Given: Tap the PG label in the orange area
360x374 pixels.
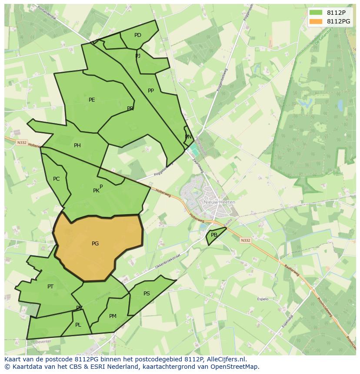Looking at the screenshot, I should point(95,244).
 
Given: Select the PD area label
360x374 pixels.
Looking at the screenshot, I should point(138,35).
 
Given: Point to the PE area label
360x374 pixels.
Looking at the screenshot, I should point(92,100).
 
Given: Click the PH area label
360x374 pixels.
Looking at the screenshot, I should point(77,146).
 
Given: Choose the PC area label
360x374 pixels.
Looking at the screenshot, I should point(57,179).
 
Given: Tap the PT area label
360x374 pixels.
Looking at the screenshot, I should point(50,287).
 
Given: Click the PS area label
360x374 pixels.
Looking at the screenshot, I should point(147,294).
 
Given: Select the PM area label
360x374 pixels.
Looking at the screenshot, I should point(113,316).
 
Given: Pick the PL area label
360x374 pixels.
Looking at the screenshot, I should point(78,325).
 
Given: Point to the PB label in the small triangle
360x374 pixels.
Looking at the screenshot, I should point(214,235).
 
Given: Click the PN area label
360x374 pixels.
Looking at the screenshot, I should point(188,137).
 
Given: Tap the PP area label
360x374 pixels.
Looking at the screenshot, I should point(151,91).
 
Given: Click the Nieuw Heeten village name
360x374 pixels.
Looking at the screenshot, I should point(220,202).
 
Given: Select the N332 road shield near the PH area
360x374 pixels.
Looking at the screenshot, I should point(22,142).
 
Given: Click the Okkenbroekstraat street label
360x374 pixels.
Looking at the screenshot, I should point(167,261).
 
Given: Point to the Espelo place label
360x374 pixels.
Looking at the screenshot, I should point(263,299).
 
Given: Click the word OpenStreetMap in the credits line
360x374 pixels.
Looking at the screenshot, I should point(237,367).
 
